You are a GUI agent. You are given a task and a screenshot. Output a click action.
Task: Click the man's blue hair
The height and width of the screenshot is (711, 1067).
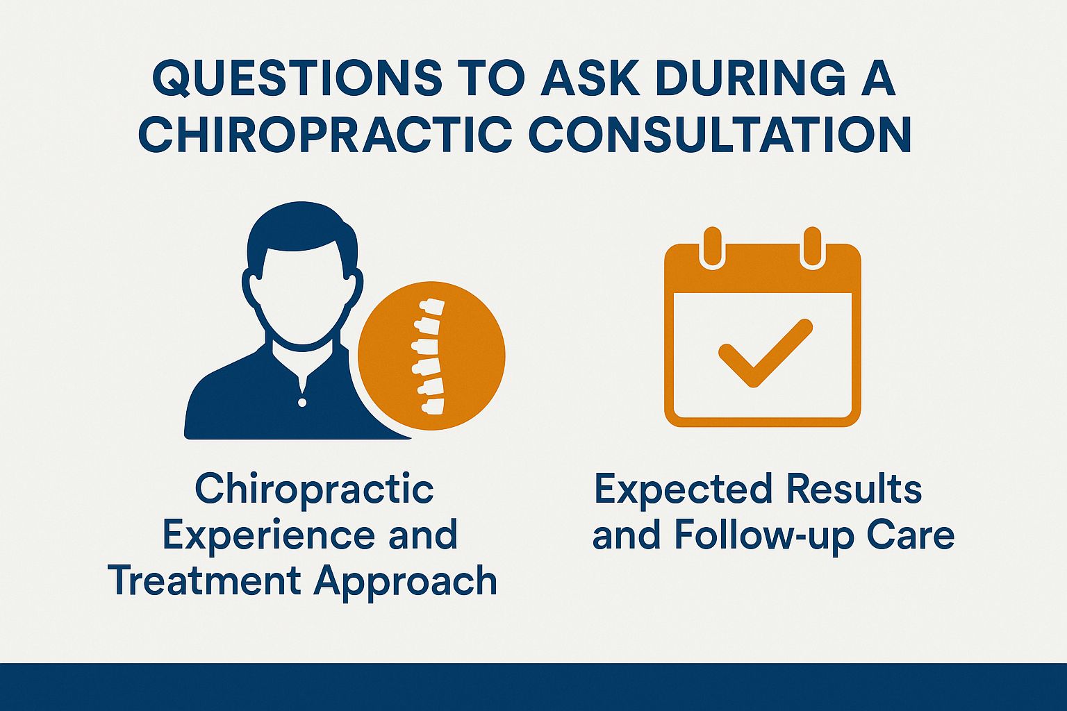pos(302,226)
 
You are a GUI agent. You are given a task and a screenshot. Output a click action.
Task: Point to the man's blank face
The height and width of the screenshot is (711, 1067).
pos(302,292)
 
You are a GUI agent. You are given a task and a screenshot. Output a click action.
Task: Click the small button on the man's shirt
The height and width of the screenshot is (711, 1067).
pos(301,402)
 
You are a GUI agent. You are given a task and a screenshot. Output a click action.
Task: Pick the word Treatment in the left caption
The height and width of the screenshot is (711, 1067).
pos(204,580)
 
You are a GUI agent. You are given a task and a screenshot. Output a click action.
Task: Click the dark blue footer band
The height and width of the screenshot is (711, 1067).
pos(533,687)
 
